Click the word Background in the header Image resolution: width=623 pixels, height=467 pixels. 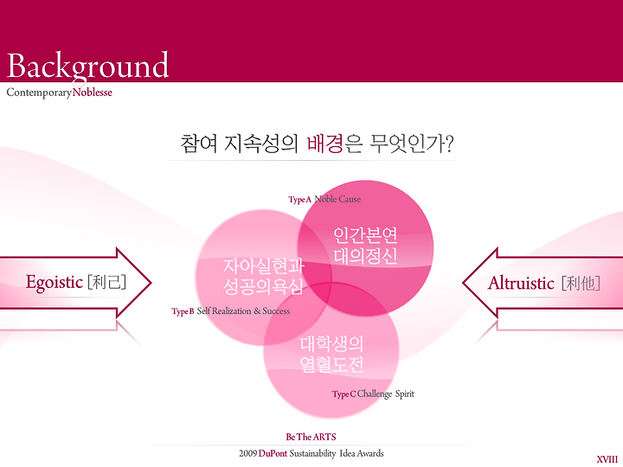[x=87, y=66]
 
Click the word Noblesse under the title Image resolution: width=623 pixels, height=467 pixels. [x=93, y=93]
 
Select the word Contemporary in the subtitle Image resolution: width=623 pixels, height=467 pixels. [x=39, y=93]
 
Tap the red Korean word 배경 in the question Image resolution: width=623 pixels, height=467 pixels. [x=324, y=144]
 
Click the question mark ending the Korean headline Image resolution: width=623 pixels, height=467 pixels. [x=449, y=144]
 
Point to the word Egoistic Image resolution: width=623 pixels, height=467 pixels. [x=54, y=282]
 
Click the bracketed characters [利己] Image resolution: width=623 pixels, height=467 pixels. [x=107, y=282]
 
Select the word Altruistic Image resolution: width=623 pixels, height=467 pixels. [x=521, y=283]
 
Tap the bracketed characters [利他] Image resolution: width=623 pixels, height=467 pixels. [x=581, y=284]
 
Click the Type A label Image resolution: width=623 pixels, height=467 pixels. [x=300, y=200]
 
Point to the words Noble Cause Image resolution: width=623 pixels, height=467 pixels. [x=337, y=199]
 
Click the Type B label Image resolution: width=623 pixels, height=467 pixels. [x=183, y=311]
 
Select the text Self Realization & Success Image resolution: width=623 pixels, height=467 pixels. [x=243, y=311]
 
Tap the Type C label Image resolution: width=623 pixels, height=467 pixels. [x=344, y=394]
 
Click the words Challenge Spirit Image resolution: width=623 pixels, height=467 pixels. [x=385, y=394]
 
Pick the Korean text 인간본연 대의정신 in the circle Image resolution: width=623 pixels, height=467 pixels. [x=365, y=246]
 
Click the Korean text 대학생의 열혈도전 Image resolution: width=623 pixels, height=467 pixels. [x=331, y=355]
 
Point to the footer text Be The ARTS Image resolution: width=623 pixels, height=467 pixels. [x=311, y=438]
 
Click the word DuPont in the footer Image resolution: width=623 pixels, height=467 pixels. [x=273, y=453]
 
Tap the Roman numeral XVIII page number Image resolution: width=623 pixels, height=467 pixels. [x=607, y=459]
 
